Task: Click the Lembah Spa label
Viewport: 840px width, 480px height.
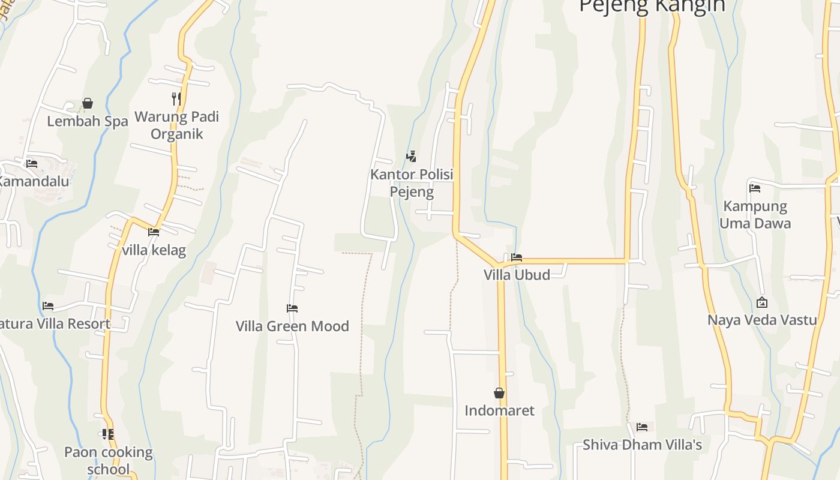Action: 88,121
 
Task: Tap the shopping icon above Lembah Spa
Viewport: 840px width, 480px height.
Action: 88,104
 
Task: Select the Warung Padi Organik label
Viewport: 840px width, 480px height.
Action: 176,125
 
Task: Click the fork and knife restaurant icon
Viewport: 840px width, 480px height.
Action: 176,98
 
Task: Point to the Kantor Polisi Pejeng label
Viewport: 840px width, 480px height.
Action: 412,183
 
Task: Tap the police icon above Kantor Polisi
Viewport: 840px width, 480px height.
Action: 412,157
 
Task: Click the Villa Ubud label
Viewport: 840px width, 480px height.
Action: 517,275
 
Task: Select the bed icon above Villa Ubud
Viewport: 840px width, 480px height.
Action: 517,257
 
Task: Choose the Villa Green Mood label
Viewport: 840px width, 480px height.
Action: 292,326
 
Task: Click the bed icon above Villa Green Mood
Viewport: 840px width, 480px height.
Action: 292,308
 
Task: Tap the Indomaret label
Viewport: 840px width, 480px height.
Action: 499,411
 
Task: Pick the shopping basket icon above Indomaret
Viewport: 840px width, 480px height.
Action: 499,393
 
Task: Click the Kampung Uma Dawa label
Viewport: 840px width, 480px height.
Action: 755,215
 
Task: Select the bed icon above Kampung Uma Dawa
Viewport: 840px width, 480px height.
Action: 755,188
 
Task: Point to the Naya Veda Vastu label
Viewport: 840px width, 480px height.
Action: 762,320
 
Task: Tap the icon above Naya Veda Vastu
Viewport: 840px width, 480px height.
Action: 762,302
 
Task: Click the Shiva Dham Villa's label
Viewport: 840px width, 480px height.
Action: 642,445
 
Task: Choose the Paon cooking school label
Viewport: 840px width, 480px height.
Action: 109,460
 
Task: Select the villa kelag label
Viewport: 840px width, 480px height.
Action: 154,250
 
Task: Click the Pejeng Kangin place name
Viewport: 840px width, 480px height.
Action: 652,6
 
